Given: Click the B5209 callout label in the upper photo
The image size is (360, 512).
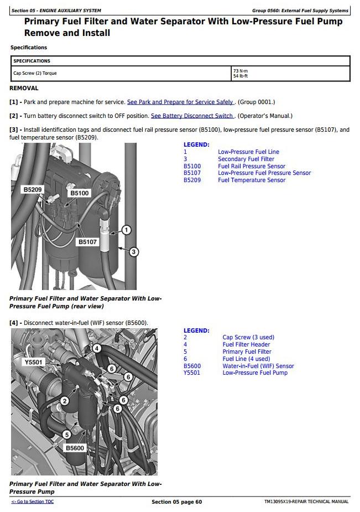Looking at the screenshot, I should coord(32,190).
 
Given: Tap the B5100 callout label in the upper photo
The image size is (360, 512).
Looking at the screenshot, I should coord(79,193).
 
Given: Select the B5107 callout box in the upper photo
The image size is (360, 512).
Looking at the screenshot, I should coord(87,242).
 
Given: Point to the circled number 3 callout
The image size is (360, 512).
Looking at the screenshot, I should coord(133,252).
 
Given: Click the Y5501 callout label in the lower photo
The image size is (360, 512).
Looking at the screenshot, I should coord(34,362).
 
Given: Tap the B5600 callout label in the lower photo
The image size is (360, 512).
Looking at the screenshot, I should coord(74,448).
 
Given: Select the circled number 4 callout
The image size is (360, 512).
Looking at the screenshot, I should coord(97,348).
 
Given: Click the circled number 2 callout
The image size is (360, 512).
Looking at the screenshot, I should coord(65,401).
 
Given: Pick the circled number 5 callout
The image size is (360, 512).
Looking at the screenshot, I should coord(67,435).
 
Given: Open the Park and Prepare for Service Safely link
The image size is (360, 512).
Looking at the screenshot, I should coord(180,102).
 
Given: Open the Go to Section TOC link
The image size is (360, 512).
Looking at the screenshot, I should coord(33,501).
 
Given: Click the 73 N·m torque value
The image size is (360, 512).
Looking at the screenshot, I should coord(241,71).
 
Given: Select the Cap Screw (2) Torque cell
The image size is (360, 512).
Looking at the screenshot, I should coord(35,73).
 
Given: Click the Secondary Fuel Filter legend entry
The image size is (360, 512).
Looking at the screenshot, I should coord(246,159).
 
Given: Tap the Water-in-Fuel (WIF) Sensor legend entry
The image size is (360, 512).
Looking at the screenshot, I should coord(258,366).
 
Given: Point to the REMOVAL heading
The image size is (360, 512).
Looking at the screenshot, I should coord(24,88).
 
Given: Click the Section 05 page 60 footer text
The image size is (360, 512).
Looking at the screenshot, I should coord(177,502).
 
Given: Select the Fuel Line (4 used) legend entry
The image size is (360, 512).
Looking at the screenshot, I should coord(246,359).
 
